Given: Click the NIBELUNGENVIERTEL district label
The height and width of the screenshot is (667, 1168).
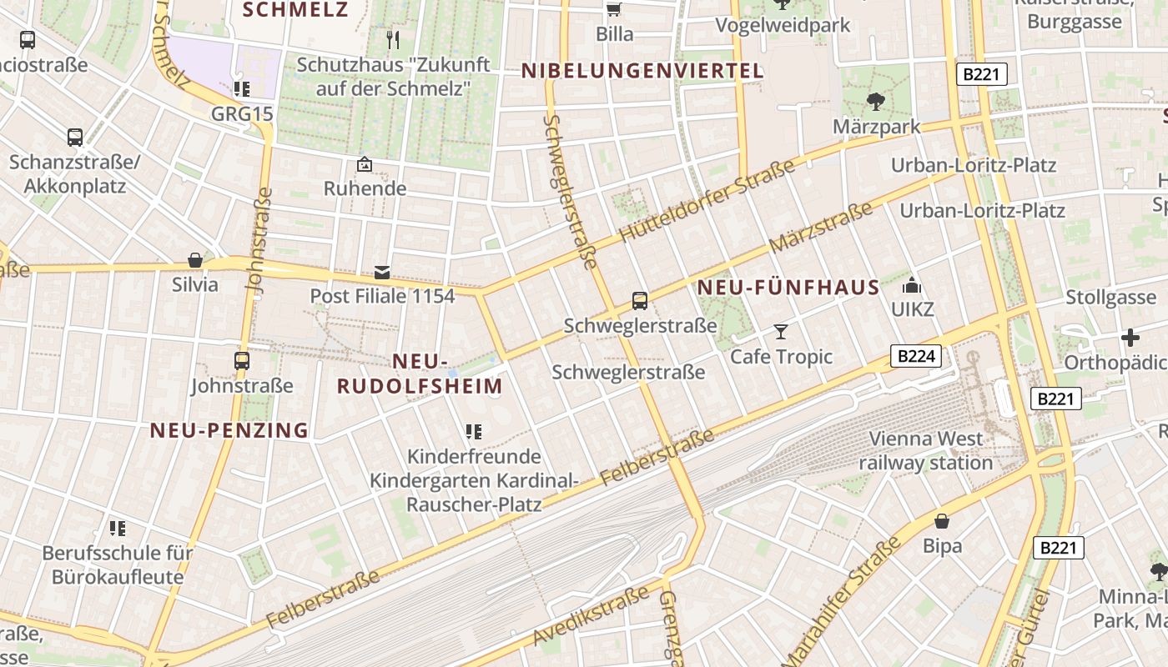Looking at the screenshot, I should pos(642,71).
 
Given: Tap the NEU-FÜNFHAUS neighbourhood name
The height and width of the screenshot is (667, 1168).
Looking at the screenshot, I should pos(788,288).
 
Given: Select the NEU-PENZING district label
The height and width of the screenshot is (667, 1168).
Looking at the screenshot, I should pos(229,430).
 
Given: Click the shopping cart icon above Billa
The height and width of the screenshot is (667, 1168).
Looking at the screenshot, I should pos(614,9).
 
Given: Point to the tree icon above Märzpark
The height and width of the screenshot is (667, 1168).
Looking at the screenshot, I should pos(875,102).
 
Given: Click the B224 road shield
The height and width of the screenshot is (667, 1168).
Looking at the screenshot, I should pos(915,357).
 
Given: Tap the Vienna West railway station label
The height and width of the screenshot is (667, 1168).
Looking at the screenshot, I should pos(926,450).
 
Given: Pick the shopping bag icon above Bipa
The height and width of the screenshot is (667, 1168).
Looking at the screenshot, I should pos(942,521).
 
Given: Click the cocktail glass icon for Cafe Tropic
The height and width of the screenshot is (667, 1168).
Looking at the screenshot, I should pos(781,332).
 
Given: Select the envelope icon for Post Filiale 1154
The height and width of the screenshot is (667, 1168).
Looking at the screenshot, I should pos(382,272).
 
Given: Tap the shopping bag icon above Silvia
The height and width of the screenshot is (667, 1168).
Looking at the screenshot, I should pos(195,260).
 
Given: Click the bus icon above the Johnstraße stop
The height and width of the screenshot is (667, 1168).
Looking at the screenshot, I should pos(242,361).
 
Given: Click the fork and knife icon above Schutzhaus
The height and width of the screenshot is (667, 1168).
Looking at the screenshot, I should pos(394,39).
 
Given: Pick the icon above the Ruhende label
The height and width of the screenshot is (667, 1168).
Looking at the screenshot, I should pos(365,164).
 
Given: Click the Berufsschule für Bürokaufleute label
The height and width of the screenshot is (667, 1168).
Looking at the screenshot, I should pos(118,564).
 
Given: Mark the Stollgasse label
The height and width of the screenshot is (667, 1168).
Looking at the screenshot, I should pos(1111,298).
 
